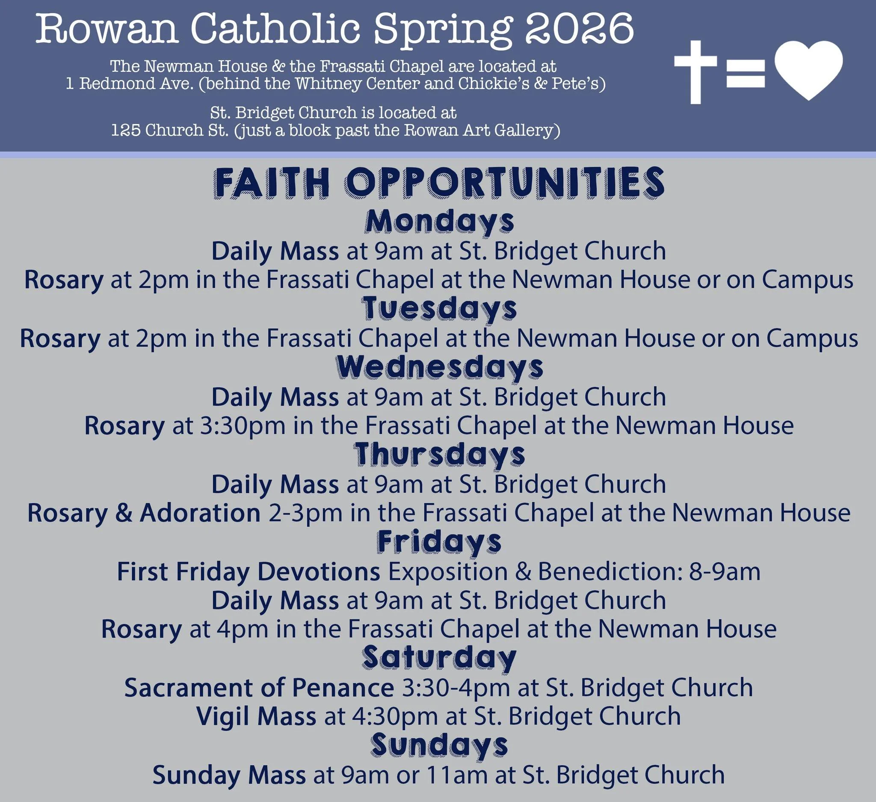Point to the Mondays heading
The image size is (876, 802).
(x=439, y=222)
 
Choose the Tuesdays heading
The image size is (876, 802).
(x=439, y=309)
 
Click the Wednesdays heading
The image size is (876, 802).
(x=439, y=367)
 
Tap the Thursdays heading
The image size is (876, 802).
(x=439, y=454)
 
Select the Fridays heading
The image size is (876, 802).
(x=439, y=542)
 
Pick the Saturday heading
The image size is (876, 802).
(x=439, y=658)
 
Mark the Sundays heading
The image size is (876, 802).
(x=439, y=745)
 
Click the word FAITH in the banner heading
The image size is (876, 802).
(x=272, y=183)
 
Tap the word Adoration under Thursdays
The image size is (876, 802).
(x=200, y=513)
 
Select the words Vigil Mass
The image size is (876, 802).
(x=256, y=716)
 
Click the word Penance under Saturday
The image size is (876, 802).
(x=343, y=688)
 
